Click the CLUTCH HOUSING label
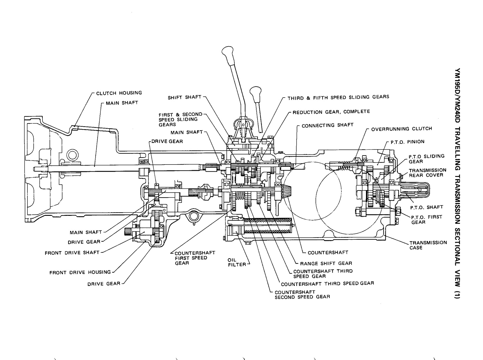click(x=119, y=93)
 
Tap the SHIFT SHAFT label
click(x=184, y=97)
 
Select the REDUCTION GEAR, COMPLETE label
click(x=331, y=112)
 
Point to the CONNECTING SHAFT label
click(x=327, y=125)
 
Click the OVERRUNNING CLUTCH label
click(x=401, y=129)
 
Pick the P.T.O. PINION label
click(x=408, y=142)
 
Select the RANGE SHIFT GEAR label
click(x=326, y=263)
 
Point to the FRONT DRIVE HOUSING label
click(x=80, y=272)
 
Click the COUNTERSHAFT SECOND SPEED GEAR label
click(x=302, y=295)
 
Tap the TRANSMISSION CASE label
click(x=428, y=245)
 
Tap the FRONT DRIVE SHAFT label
click(x=72, y=253)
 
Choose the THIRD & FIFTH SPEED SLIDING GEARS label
click(x=338, y=97)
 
